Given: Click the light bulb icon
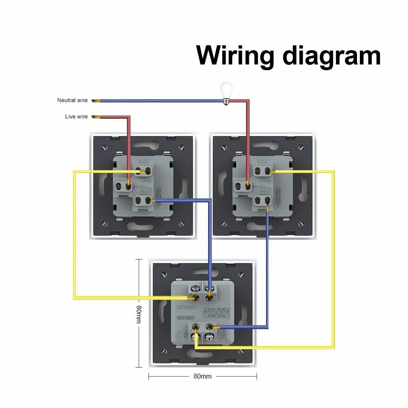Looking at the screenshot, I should (x=226, y=92).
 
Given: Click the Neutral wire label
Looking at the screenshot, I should (x=72, y=100).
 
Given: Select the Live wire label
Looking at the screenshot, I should (x=76, y=117).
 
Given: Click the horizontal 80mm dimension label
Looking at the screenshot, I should (x=202, y=376).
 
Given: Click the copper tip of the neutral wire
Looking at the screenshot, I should (x=96, y=100).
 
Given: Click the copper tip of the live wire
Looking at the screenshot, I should (x=96, y=117).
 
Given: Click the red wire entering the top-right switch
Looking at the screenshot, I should (x=248, y=143).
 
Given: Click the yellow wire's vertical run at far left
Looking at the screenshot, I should (x=75, y=233).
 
